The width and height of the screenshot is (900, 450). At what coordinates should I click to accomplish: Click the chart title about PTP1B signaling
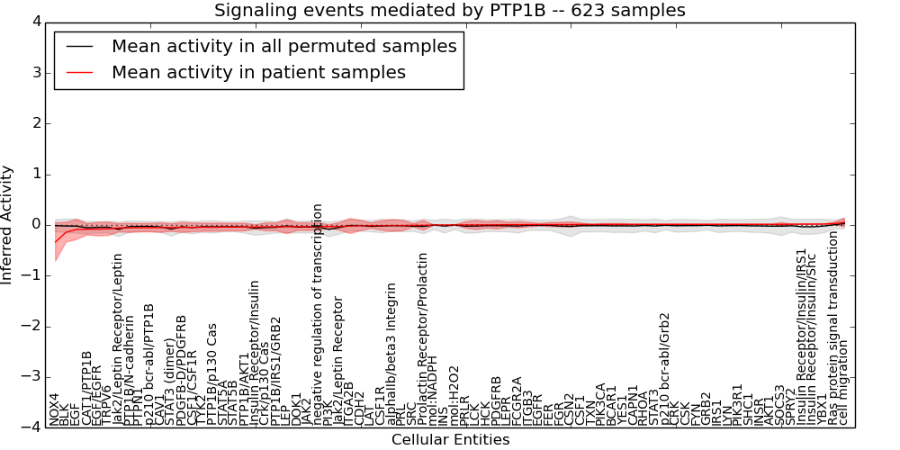tap(449, 11)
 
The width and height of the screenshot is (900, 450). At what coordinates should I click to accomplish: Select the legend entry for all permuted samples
tap(283, 46)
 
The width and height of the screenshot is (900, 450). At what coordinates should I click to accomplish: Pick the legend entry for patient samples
tap(258, 72)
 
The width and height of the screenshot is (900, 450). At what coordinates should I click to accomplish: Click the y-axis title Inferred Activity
tap(8, 224)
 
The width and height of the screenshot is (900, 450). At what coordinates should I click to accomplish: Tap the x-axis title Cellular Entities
tap(450, 439)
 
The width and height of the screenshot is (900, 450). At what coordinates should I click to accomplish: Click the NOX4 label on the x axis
tap(55, 409)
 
